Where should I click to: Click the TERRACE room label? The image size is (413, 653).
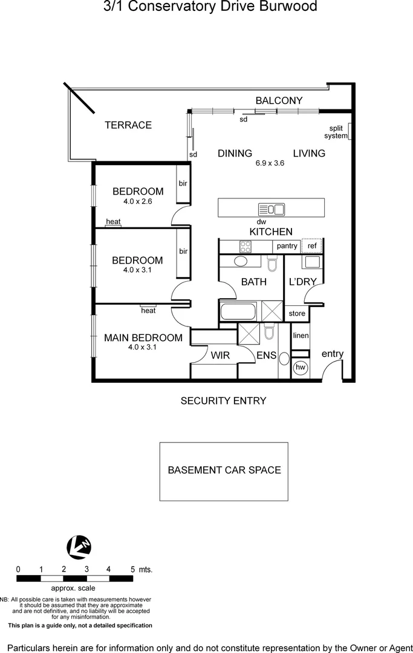pos(128,125)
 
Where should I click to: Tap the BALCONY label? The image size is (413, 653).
pos(279,100)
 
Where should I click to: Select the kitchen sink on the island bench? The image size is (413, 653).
pos(271,209)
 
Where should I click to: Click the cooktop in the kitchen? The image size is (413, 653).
pos(246,247)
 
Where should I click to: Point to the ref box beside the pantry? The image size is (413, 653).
pos(312,246)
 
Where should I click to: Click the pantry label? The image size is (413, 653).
pos(287,246)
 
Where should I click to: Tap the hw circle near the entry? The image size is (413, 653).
pos(300,367)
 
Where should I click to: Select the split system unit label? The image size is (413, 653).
pos(338,132)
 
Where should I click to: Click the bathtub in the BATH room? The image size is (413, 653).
pos(239,313)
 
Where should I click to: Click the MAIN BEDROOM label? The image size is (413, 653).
pos(143,337)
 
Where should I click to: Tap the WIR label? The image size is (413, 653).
pos(220,356)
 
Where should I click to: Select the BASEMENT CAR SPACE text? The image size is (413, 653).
pos(224,470)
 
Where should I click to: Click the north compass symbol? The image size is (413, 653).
pos(79,547)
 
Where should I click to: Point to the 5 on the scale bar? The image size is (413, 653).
pos(132,569)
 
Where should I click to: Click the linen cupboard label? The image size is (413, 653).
pos(301,336)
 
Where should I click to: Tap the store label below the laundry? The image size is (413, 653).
pos(297,313)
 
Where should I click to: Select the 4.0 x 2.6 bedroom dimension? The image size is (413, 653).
pos(137,201)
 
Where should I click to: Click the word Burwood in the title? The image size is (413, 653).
pos(287,7)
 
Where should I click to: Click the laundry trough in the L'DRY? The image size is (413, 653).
pos(312,262)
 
